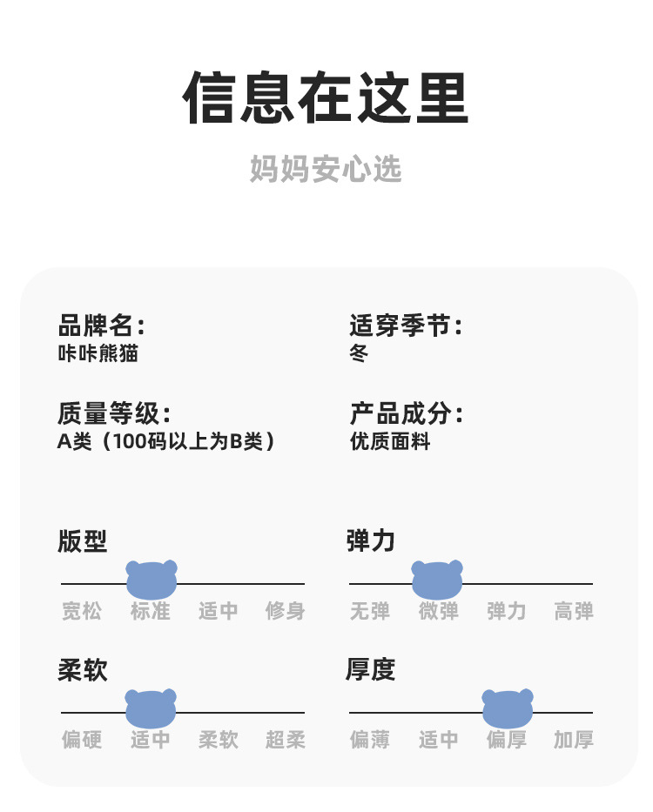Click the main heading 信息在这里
[x=326, y=97]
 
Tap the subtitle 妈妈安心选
[x=326, y=169]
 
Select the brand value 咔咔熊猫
[x=98, y=353]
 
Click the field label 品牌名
[x=100, y=326]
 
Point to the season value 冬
[x=359, y=353]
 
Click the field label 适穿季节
[x=405, y=326]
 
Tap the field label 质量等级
[x=113, y=413]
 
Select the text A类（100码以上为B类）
[x=166, y=441]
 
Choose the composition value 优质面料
[x=390, y=441]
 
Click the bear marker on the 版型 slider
[x=151, y=580]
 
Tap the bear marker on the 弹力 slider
[x=437, y=580]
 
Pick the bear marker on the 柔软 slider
[x=151, y=708]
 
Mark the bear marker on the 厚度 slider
[x=508, y=708]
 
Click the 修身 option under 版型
[x=286, y=611]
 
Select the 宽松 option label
[x=82, y=611]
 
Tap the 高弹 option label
[x=574, y=611]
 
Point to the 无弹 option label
[x=370, y=611]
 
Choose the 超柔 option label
[x=286, y=740]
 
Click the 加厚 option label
[x=574, y=740]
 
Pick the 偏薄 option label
[x=370, y=740]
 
